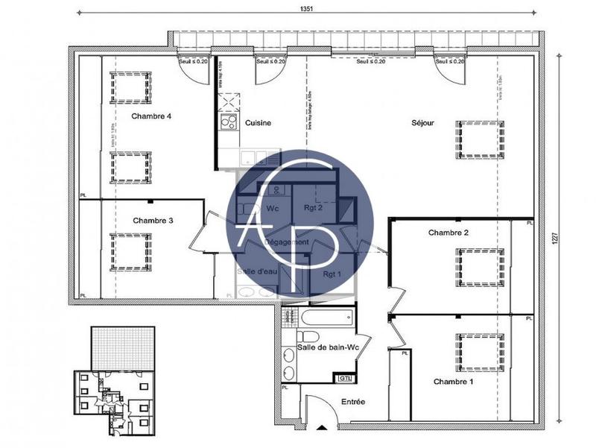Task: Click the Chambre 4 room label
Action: click(152, 116)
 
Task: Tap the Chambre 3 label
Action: click(153, 221)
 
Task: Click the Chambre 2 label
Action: click(448, 233)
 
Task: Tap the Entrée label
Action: click(353, 402)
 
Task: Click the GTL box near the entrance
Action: click(345, 379)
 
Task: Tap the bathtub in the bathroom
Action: click(327, 317)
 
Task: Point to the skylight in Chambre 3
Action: click(131, 251)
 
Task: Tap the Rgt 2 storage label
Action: click(312, 208)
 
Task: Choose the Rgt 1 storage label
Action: click(332, 274)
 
